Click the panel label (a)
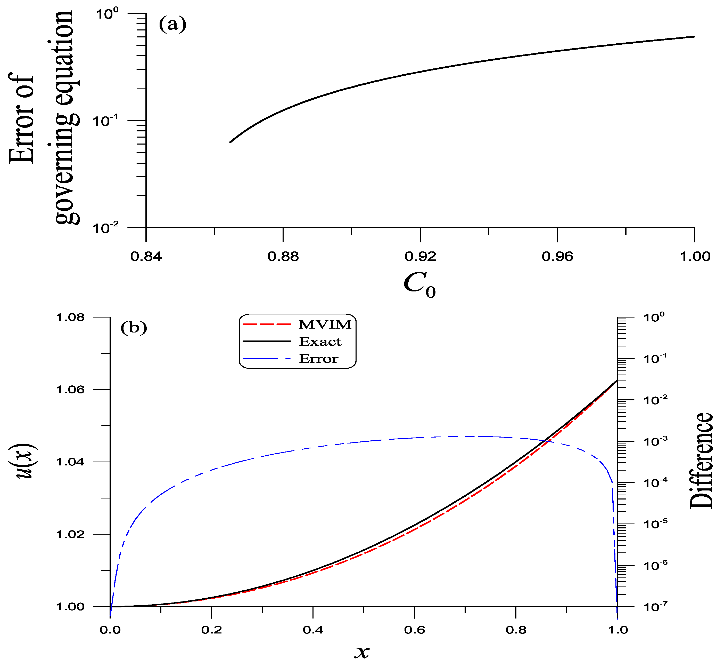pyautogui.click(x=172, y=25)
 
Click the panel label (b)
pyautogui.click(x=134, y=328)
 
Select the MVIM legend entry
pyautogui.click(x=324, y=324)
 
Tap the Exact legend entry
pyautogui.click(x=320, y=341)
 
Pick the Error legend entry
pyautogui.click(x=318, y=359)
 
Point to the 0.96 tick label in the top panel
pyautogui.click(x=557, y=257)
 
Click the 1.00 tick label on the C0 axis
pyautogui.click(x=694, y=257)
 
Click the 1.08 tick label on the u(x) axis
pyautogui.click(x=70, y=318)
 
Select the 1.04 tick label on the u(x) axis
pyautogui.click(x=70, y=462)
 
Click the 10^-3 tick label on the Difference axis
pyautogui.click(x=655, y=441)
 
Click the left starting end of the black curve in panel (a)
pyautogui.click(x=231, y=142)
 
